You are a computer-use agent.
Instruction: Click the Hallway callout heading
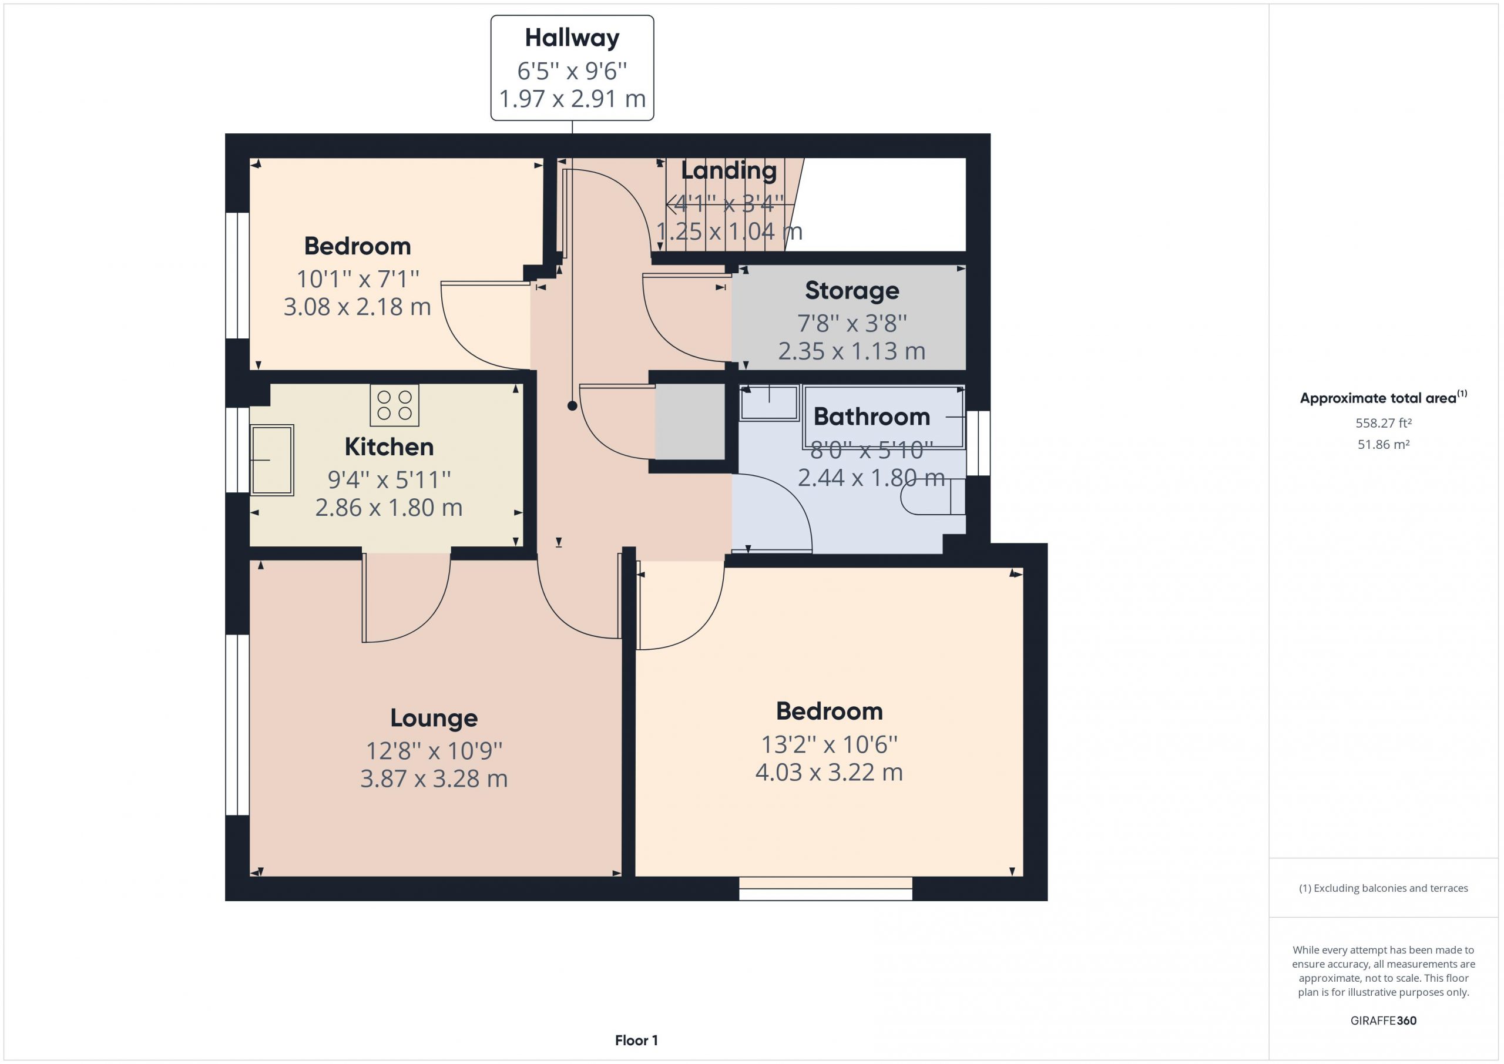[572, 38]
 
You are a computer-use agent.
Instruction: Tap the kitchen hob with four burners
[394, 405]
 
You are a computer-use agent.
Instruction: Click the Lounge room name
[434, 718]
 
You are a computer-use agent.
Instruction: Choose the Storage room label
[851, 290]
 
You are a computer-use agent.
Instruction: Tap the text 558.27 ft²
[1383, 423]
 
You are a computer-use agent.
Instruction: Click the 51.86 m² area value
[1384, 444]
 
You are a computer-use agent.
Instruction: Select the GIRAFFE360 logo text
[1384, 1020]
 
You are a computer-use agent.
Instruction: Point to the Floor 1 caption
[636, 1040]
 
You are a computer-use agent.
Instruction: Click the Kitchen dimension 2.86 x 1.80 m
[389, 508]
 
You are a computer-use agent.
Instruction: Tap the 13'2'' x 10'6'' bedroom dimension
[828, 744]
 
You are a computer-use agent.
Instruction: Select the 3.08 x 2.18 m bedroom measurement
[357, 307]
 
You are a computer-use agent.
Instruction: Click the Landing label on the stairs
[728, 170]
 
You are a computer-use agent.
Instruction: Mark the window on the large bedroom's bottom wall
[825, 888]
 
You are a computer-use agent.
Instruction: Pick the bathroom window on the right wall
[978, 443]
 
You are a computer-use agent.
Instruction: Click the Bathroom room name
[871, 417]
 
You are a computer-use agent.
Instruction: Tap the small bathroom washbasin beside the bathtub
[769, 402]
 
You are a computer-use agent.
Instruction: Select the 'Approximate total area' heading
[1384, 397]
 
